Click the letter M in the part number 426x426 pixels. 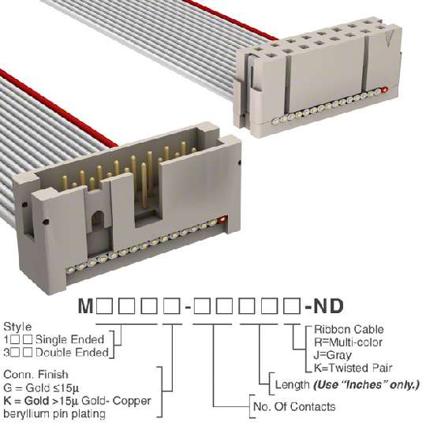86,306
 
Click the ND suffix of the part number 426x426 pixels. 328,306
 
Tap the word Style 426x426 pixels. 17,327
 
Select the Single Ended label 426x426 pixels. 70,339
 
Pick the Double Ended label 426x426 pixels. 72,353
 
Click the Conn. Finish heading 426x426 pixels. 35,375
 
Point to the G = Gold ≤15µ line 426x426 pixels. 41,388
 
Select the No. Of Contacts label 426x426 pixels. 294,407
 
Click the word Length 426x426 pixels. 293,385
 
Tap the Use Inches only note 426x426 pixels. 367,385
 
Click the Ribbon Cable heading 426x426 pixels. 349,330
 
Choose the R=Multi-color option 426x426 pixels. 348,342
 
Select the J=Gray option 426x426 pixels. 333,355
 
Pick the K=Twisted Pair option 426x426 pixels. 353,368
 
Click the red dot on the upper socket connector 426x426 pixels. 385,90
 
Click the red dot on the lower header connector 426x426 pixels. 222,219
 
